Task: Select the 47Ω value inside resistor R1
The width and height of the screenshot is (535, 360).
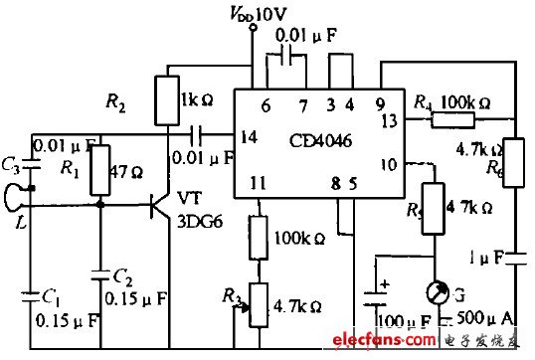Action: tap(121, 170)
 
